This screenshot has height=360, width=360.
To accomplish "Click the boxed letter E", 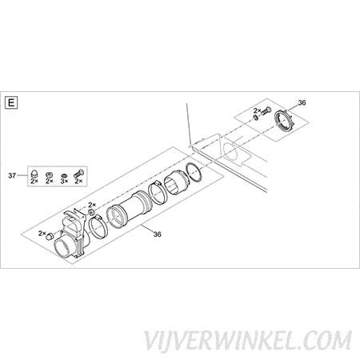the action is [11, 102].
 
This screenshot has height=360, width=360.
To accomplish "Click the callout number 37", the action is [12, 175].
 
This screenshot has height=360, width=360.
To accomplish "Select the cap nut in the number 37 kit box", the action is [34, 174].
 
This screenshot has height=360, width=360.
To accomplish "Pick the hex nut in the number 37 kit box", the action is [49, 175].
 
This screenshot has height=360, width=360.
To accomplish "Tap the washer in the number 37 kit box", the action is [64, 175].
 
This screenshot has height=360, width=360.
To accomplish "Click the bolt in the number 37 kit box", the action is [78, 174].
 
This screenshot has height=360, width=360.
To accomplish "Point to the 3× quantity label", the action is [64, 181].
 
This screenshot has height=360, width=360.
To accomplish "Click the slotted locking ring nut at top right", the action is [283, 121].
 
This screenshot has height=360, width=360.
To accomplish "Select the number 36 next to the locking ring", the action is [302, 102].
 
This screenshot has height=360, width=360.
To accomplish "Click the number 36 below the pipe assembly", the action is [158, 234].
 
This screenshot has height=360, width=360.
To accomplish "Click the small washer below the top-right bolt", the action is [255, 118].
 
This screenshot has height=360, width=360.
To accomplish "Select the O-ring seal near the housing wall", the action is [194, 173].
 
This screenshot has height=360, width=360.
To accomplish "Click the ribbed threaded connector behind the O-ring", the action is [177, 182].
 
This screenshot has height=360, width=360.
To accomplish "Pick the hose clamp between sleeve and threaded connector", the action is [158, 193].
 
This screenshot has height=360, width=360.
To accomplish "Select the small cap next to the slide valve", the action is [50, 237].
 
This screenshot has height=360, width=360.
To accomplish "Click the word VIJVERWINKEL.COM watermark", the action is [248, 340].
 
